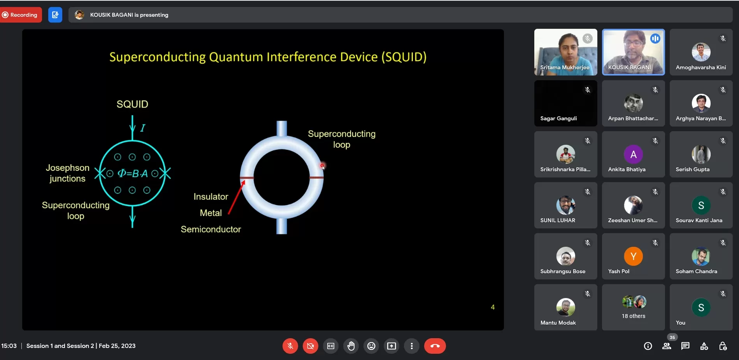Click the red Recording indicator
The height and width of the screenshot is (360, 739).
(x=21, y=15)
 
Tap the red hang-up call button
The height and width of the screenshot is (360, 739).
(x=435, y=346)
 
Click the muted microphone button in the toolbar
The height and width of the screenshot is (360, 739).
(x=290, y=346)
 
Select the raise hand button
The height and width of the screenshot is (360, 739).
(x=351, y=346)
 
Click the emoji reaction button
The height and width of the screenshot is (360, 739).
(x=371, y=346)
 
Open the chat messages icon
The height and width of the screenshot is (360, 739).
(x=685, y=346)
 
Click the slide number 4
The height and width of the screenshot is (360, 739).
(x=493, y=307)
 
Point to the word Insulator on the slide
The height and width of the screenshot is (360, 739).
(x=211, y=197)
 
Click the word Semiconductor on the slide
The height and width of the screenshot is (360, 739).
(x=211, y=229)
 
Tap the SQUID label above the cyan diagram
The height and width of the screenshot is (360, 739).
(x=132, y=104)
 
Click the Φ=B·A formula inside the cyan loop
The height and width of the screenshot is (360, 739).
(x=133, y=174)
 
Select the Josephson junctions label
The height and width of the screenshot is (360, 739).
(x=67, y=173)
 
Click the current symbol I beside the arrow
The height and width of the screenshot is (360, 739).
(x=143, y=128)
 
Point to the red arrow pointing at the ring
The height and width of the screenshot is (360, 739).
(x=236, y=197)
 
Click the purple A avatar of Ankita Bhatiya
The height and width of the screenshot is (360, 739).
(x=633, y=155)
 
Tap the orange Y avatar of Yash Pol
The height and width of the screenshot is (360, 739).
(x=633, y=256)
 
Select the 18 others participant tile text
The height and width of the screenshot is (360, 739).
(x=633, y=316)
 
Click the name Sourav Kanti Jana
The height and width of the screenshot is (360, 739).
(x=699, y=220)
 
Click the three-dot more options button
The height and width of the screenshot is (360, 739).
(x=412, y=346)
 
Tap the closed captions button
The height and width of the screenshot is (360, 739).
(x=331, y=346)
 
